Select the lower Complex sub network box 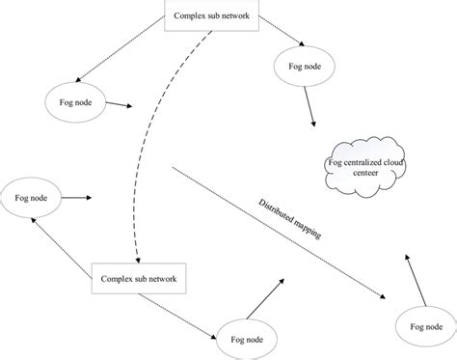(x=139, y=279)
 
